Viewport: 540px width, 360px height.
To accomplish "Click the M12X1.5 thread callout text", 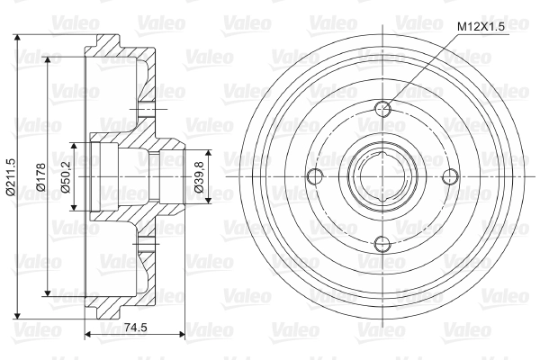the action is point(481,26).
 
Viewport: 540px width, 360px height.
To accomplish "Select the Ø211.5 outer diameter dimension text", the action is point(11,177).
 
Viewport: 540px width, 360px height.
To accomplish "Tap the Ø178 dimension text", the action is point(40,177).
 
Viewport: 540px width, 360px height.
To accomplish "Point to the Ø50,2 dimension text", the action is point(65,177).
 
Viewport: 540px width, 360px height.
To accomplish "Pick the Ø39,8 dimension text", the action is point(199,177).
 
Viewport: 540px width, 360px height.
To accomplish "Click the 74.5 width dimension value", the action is point(135,328).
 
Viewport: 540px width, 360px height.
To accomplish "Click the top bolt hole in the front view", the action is point(383,110).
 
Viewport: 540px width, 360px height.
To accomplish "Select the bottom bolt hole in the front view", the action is point(383,244).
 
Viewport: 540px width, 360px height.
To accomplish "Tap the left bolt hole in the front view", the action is point(315,176).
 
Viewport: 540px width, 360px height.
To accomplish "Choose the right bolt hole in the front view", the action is point(451,176).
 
